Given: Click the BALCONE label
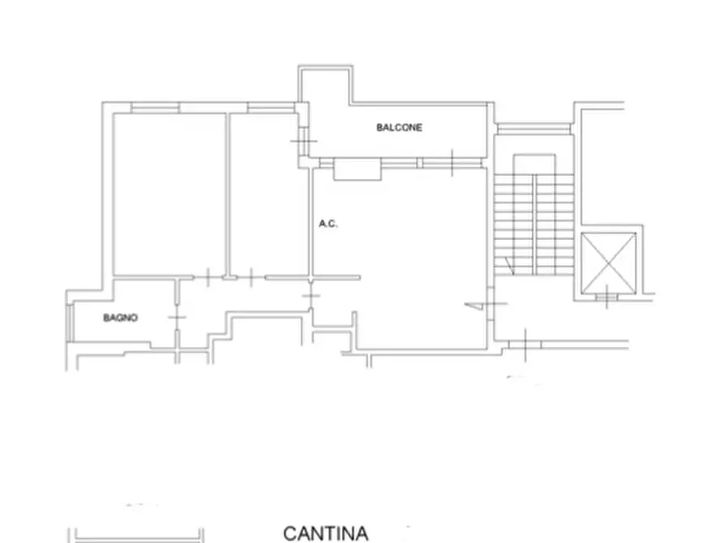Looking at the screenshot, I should pyautogui.click(x=399, y=127).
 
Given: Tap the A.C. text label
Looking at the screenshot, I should pyautogui.click(x=328, y=224).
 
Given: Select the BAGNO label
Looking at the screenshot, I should pyautogui.click(x=120, y=318).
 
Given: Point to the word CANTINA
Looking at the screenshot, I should pyautogui.click(x=325, y=532).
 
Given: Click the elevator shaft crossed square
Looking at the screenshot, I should pyautogui.click(x=609, y=261).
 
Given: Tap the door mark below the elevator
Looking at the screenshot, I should pyautogui.click(x=606, y=298).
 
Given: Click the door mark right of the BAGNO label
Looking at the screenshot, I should pyautogui.click(x=178, y=317).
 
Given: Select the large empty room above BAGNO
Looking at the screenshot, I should pyautogui.click(x=169, y=195).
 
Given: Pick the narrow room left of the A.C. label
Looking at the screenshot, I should pyautogui.click(x=268, y=195).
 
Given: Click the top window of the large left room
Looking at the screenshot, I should pyautogui.click(x=154, y=107).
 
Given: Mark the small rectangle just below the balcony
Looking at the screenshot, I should pyautogui.click(x=357, y=169).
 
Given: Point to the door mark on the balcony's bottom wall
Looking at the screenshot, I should pyautogui.click(x=452, y=163).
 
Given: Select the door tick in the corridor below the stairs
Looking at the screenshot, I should pyautogui.click(x=526, y=345).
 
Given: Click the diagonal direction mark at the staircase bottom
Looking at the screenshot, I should pyautogui.click(x=507, y=264).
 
